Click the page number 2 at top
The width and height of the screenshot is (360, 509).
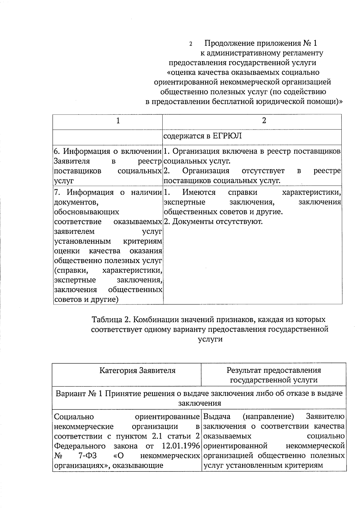tap(190, 44)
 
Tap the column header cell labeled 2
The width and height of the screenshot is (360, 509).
tap(264, 121)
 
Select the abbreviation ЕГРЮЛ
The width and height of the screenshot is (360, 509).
tap(227, 136)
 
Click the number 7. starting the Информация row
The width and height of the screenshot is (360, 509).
tap(57, 192)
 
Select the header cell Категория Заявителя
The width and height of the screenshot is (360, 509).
tap(137, 370)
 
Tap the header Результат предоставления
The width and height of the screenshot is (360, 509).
tap(274, 370)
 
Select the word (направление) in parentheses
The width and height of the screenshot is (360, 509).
tap(268, 417)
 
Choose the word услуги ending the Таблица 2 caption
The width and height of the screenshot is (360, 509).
tap(210, 339)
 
